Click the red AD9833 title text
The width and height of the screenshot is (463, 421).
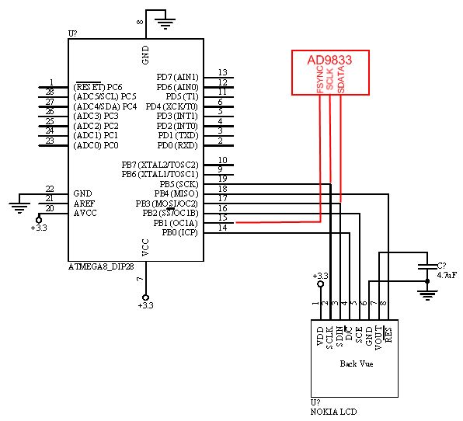(329, 60)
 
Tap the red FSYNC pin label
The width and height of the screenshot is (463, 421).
(320, 79)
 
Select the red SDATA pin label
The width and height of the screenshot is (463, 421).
(341, 79)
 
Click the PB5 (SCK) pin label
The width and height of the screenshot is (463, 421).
(179, 184)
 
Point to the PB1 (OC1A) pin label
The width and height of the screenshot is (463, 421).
(176, 223)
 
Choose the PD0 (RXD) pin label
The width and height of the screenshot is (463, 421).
(177, 145)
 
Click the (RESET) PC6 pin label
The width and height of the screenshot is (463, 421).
(97, 87)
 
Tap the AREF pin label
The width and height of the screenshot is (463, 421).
(84, 204)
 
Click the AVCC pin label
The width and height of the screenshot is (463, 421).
(85, 213)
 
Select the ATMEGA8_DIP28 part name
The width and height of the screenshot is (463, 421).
(101, 267)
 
